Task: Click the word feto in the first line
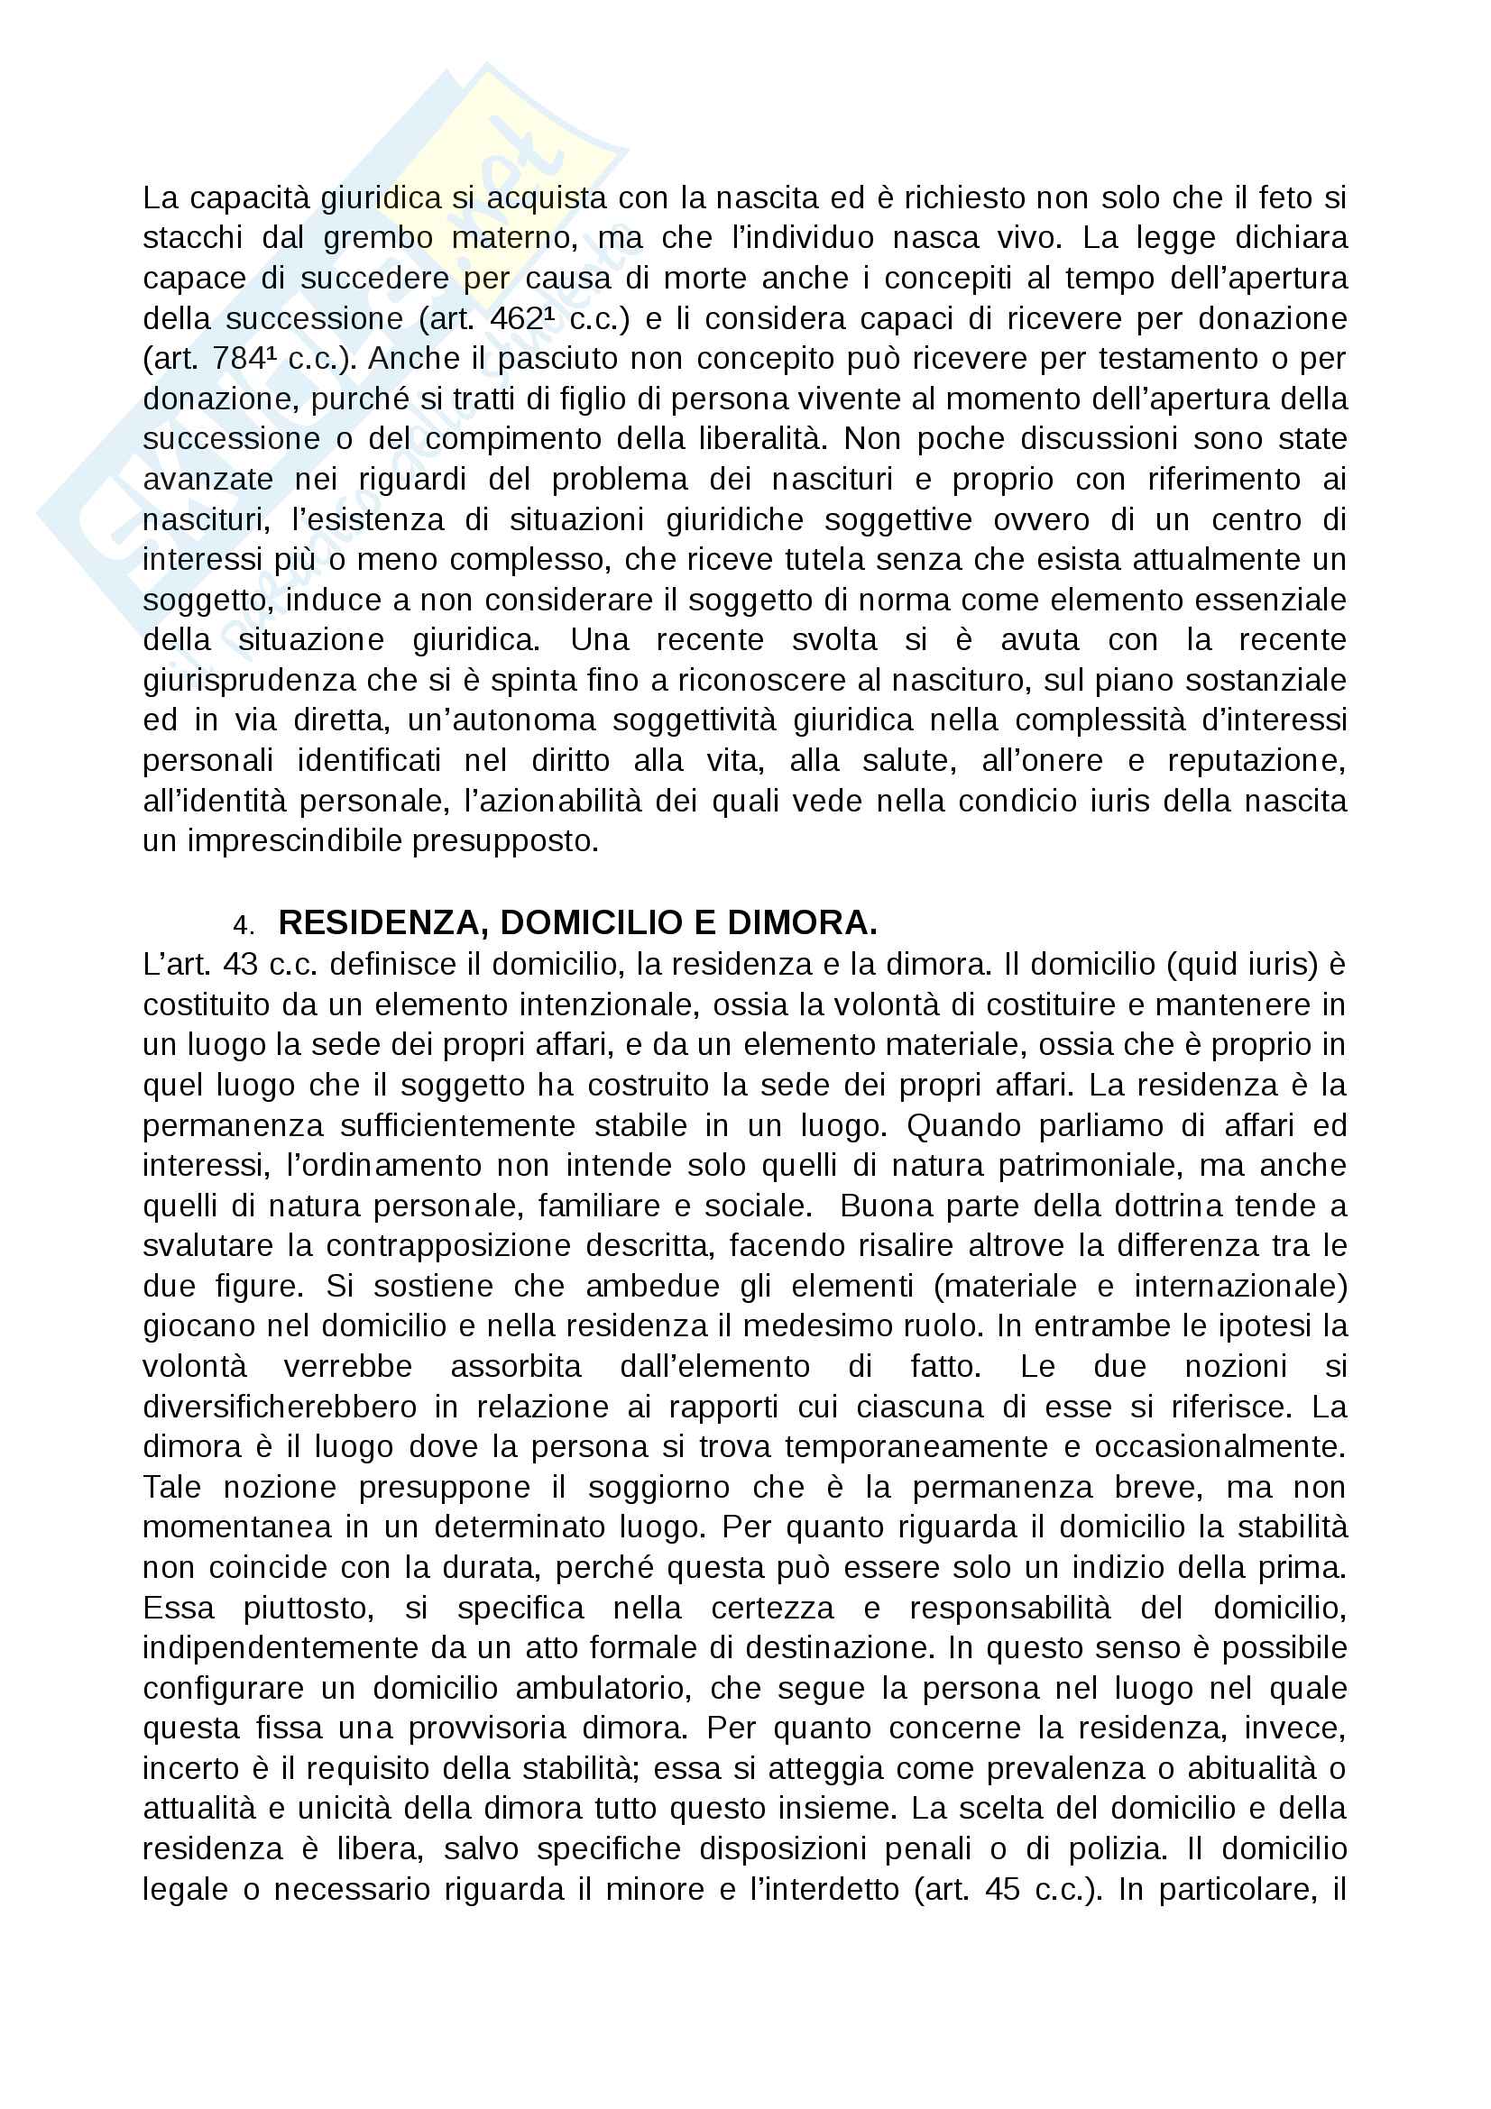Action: point(1285,197)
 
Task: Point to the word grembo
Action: point(378,238)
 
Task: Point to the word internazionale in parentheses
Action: point(1241,1286)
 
